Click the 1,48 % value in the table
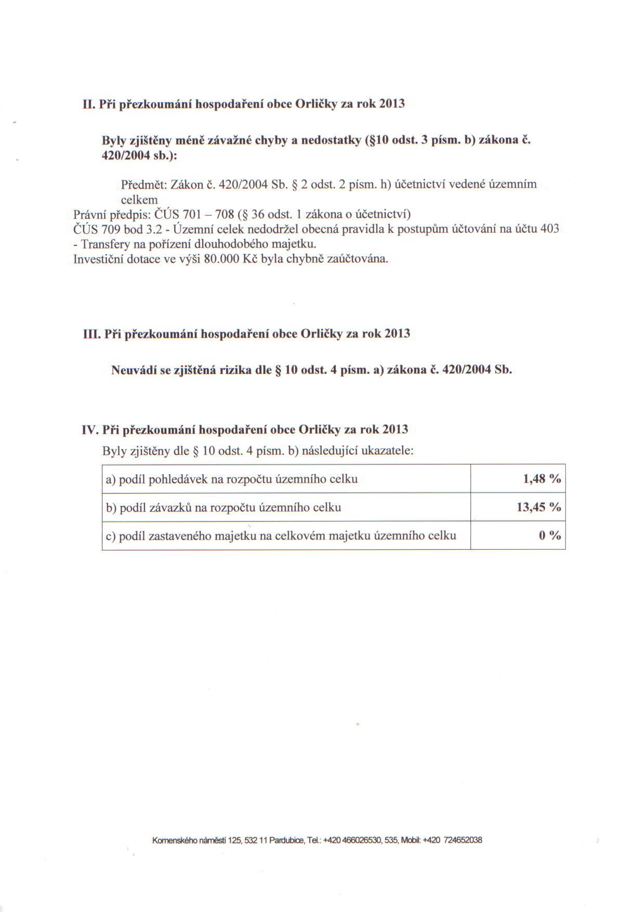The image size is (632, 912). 542,479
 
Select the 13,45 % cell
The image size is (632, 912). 538,507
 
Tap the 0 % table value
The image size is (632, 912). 550,535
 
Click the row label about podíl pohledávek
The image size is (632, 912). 232,479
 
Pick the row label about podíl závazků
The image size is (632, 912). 223,508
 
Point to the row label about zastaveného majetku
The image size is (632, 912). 281,536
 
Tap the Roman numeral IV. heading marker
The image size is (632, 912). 90,430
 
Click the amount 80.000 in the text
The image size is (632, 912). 222,259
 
